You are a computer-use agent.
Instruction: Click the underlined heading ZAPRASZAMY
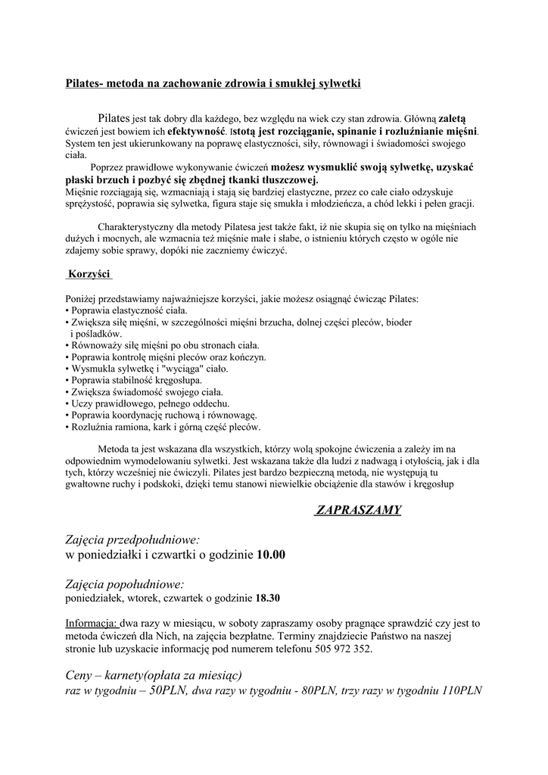click(x=357, y=510)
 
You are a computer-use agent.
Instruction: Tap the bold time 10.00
click(x=271, y=555)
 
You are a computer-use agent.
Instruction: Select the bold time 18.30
click(x=268, y=598)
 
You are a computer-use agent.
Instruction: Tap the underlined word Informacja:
click(x=91, y=624)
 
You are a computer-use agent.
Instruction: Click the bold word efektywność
click(x=182, y=131)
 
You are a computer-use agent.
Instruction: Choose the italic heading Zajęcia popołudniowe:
click(x=125, y=584)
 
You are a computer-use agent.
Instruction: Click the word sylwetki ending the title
click(x=340, y=82)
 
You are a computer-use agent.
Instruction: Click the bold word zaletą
click(x=453, y=119)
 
